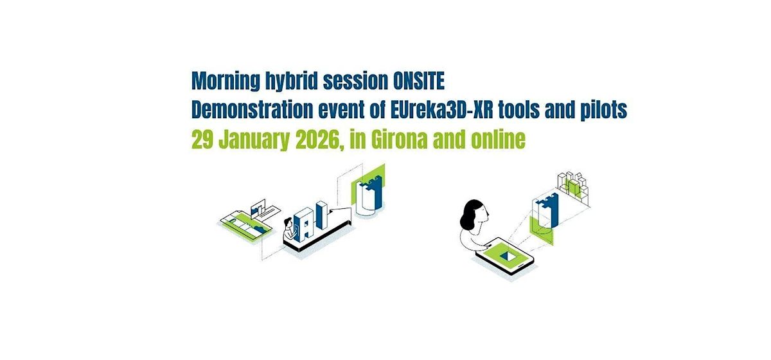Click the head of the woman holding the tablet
[474, 210]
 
